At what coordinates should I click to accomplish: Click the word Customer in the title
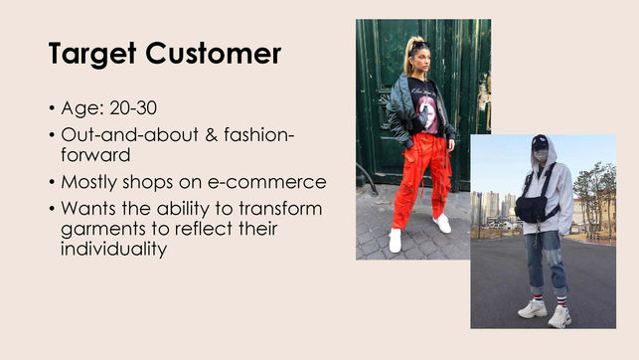point(215,54)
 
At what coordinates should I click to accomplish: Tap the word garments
point(100,228)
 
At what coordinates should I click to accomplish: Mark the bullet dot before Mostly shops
point(52,183)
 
